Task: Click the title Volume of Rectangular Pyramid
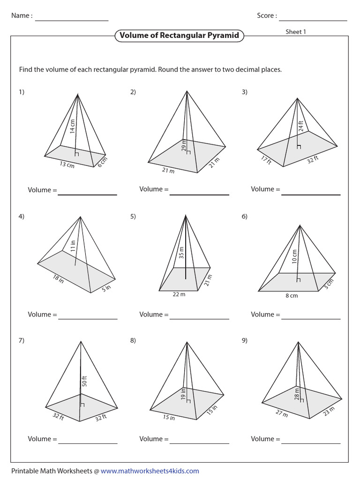tap(179, 36)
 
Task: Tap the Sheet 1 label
tap(296, 32)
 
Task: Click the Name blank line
tap(72, 20)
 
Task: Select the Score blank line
tap(313, 20)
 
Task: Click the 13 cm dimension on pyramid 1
tap(67, 165)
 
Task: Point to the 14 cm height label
tap(72, 127)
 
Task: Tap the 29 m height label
tap(184, 146)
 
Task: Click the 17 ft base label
tap(266, 160)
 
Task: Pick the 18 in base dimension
tap(58, 280)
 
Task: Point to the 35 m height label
tap(181, 253)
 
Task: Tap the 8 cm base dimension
tap(292, 295)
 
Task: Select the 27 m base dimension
tap(281, 414)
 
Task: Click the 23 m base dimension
tap(329, 411)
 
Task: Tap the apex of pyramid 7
tap(81, 341)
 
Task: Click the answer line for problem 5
tap(199, 319)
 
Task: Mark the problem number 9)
tap(244, 341)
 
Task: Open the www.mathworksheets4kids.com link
tap(150, 471)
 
